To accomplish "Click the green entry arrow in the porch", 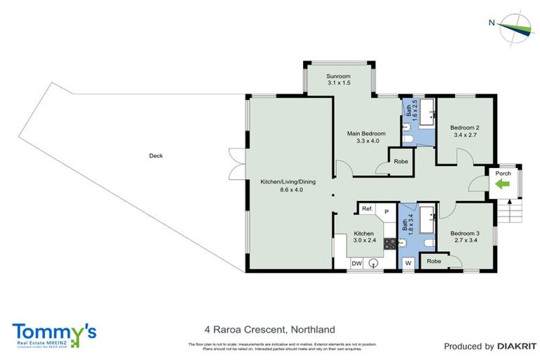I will point(502,185).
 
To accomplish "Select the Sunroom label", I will point(339,79).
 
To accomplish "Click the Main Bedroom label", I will point(366,136).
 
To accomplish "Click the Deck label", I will point(156,156).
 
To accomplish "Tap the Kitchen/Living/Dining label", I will point(288,186).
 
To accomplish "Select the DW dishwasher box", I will point(357,263).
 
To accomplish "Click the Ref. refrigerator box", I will point(366,209).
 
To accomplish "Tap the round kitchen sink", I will point(374,263).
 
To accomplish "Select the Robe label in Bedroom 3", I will point(434,261).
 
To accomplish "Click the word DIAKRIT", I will point(518,346).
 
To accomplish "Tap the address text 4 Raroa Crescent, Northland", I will point(269,329).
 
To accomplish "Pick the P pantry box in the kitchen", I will point(387,210).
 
